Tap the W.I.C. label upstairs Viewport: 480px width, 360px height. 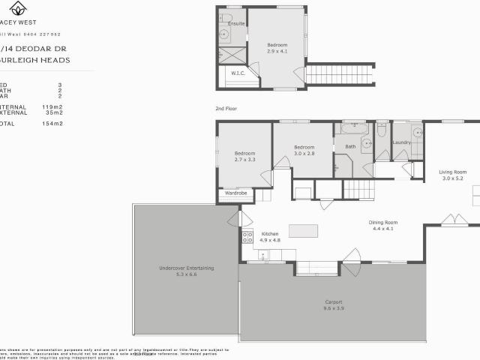click(x=238, y=73)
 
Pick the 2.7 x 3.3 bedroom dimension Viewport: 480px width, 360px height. click(x=244, y=160)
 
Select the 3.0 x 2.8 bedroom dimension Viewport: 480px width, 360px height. click(x=304, y=153)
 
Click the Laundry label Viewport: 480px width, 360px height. click(x=401, y=142)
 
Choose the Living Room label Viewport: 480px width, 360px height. click(x=452, y=172)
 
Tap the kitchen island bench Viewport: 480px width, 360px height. click(x=303, y=229)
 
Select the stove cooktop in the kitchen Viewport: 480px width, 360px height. click(x=247, y=238)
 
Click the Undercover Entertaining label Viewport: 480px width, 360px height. click(x=187, y=268)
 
